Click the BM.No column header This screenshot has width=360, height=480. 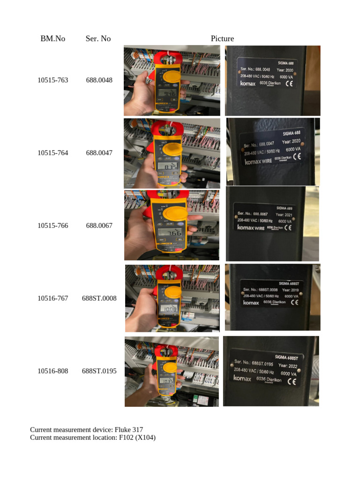pos(52,38)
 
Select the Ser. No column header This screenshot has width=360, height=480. pos(98,38)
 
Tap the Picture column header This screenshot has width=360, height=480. pos(222,38)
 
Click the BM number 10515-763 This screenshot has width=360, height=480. pos(52,80)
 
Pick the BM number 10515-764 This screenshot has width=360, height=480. pos(52,153)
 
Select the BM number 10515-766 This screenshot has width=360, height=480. pos(52,225)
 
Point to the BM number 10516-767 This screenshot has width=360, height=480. pos(52,298)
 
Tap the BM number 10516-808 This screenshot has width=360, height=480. pos(52,371)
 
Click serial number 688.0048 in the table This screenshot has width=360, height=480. pos(99,80)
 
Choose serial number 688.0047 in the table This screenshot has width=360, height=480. pos(99,153)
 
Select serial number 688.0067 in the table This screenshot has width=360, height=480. pos(99,225)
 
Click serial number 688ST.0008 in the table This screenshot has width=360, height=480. pos(99,298)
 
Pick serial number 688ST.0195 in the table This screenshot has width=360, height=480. pos(99,371)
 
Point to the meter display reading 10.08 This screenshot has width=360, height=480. pos(167,309)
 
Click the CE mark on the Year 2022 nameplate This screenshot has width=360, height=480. pos(291,381)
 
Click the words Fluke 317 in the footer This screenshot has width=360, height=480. pos(129,429)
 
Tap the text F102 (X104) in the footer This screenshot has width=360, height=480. pos(137,437)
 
